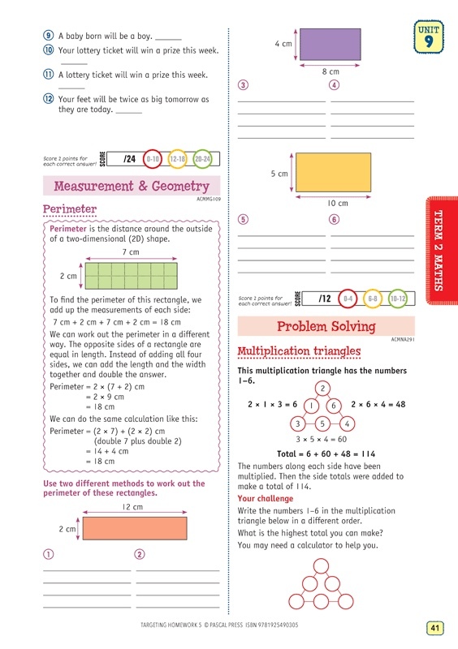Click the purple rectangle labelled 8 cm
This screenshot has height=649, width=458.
331,44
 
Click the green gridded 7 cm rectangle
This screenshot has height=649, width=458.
130,276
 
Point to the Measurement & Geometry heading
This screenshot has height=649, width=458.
132,187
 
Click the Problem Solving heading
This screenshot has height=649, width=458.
326,327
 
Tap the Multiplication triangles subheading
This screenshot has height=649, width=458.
299,351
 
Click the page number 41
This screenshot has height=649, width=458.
435,627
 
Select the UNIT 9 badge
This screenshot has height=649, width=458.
429,37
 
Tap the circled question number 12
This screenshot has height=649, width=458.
49,100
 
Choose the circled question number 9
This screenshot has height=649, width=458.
49,36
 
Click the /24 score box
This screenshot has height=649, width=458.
125,160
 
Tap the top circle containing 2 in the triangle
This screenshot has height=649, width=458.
322,388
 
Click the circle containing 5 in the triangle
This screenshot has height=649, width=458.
322,423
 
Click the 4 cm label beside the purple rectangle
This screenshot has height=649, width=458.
283,44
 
